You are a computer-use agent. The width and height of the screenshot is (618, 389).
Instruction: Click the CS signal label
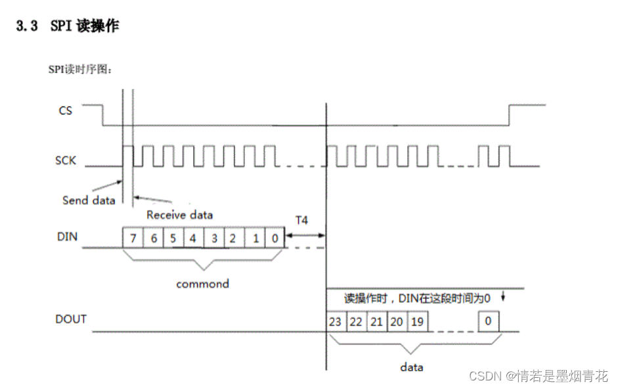[65, 110]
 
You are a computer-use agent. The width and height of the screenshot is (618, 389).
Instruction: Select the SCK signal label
[66, 160]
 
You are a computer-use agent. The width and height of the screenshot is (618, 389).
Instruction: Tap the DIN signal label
[67, 237]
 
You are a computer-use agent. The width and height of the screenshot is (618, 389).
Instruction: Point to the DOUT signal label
[71, 319]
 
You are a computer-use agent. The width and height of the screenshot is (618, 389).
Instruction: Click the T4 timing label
[301, 220]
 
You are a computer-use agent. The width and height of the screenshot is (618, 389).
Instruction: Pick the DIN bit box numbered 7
[133, 238]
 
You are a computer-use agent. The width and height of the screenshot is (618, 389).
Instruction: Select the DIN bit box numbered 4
[193, 238]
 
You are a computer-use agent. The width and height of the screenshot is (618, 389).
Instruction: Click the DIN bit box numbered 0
[275, 238]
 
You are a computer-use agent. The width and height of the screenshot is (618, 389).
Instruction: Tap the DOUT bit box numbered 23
[336, 322]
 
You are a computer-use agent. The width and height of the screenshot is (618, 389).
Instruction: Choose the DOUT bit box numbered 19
[417, 322]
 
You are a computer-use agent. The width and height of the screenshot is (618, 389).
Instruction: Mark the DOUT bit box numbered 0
[488, 322]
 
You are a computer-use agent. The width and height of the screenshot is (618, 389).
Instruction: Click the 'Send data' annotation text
[89, 200]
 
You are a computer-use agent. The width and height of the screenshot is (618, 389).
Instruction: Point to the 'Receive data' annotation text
[179, 214]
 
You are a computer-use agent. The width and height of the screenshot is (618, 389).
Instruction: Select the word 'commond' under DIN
[202, 284]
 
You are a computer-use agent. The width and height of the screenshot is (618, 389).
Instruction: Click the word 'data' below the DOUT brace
[412, 367]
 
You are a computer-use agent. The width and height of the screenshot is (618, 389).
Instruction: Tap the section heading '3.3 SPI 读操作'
[68, 27]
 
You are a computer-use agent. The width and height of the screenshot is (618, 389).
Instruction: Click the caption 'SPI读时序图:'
[80, 69]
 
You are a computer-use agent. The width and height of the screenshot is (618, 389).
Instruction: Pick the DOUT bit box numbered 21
[376, 322]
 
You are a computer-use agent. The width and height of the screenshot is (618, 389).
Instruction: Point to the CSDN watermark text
[539, 376]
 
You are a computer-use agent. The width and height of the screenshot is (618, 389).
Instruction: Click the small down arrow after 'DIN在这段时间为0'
[503, 297]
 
